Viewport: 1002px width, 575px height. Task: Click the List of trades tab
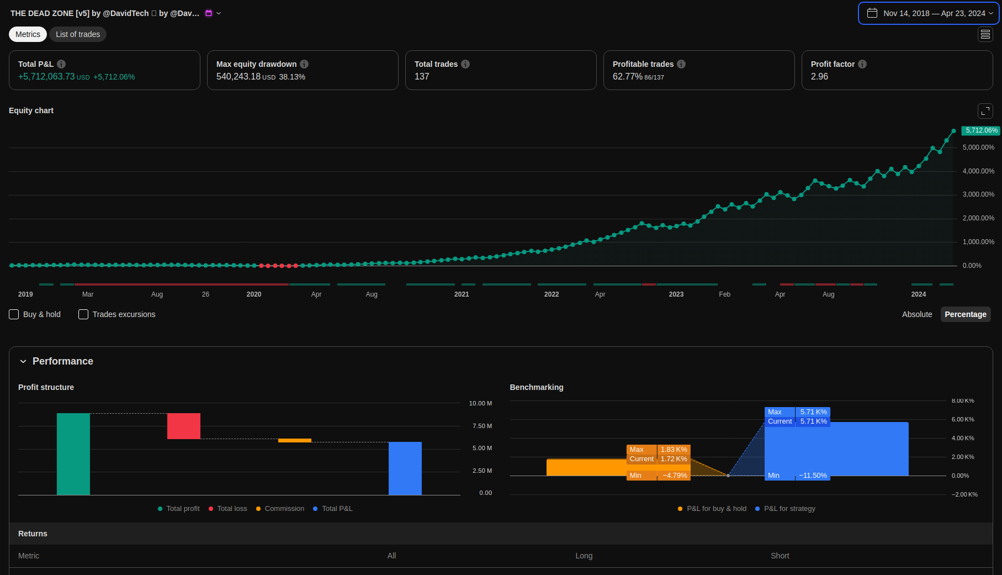pos(78,34)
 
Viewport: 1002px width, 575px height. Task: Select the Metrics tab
pos(28,34)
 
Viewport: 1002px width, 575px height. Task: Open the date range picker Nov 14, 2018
pos(929,13)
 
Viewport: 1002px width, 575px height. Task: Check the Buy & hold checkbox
pos(14,314)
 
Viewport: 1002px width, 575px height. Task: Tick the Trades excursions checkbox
pos(83,314)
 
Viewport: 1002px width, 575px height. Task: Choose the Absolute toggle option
pos(916,314)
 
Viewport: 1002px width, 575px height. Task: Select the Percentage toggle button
pos(965,314)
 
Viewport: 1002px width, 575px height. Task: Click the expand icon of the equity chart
pos(985,111)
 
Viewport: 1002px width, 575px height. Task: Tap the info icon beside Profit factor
pos(862,64)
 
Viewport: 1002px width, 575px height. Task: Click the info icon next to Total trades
pos(465,64)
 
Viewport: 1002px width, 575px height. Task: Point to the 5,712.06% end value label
pos(981,130)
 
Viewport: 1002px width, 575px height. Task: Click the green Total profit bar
pos(73,453)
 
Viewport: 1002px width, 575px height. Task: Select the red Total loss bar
pos(184,426)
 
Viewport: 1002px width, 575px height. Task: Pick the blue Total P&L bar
pos(405,468)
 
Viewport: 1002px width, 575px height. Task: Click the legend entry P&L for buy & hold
pos(716,509)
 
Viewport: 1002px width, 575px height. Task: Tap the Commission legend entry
pos(284,509)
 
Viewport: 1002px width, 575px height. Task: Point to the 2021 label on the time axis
pos(462,294)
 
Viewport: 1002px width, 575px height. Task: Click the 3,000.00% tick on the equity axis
pos(978,194)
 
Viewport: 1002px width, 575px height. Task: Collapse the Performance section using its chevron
pos(23,361)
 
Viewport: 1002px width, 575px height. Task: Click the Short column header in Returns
pos(780,556)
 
